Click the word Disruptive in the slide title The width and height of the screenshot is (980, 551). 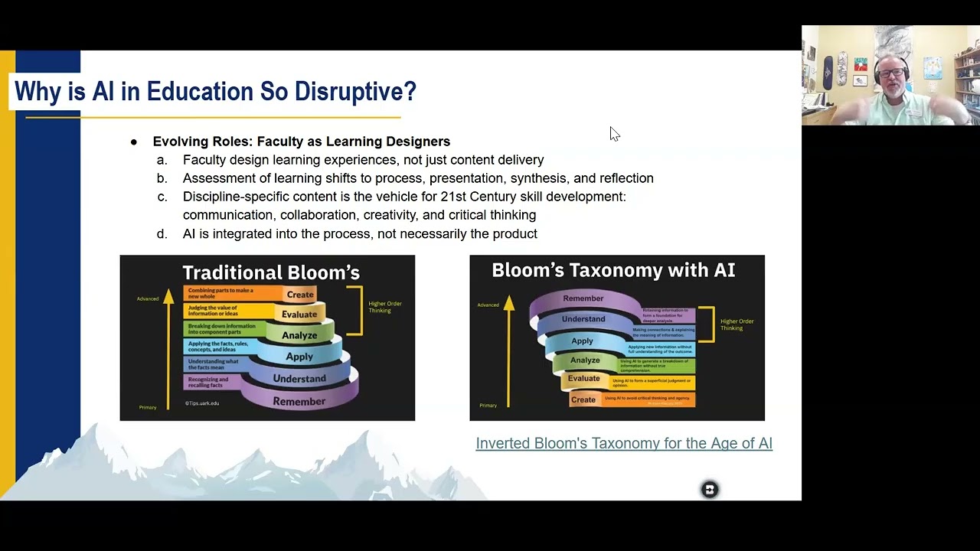tap(354, 92)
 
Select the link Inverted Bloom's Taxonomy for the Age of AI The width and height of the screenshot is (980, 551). tap(623, 443)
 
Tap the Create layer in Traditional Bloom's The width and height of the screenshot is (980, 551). tap(299, 295)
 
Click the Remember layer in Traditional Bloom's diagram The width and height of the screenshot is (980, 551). tap(299, 401)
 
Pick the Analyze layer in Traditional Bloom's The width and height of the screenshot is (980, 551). tap(299, 335)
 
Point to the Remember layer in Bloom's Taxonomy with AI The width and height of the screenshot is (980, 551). tap(583, 298)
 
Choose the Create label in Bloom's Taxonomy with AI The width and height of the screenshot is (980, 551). tap(583, 399)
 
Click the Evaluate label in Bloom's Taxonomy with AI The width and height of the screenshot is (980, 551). tap(583, 378)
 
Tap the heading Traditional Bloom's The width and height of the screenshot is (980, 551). tap(270, 272)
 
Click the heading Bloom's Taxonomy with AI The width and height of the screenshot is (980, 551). tap(612, 270)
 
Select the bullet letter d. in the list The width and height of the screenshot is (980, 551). tap(162, 234)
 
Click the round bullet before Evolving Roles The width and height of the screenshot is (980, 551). tap(134, 142)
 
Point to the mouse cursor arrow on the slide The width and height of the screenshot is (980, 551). tap(614, 134)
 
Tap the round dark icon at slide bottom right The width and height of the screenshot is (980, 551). tap(710, 490)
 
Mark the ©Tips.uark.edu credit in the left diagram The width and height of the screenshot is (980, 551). tap(202, 403)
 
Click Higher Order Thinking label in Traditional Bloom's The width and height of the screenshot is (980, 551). tap(384, 307)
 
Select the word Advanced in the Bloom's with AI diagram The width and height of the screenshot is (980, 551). tap(488, 305)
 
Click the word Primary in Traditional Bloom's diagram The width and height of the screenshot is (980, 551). tap(148, 407)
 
